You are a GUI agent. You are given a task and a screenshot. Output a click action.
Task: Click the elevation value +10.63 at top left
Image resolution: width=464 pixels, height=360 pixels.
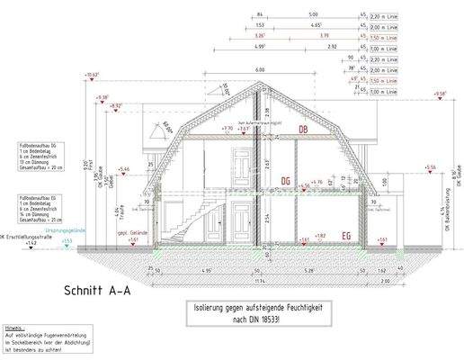[93, 75]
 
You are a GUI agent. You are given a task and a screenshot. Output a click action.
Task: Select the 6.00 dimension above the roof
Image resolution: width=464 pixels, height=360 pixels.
[259, 70]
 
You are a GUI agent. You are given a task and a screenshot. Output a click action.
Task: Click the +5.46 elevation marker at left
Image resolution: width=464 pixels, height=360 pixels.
[125, 168]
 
